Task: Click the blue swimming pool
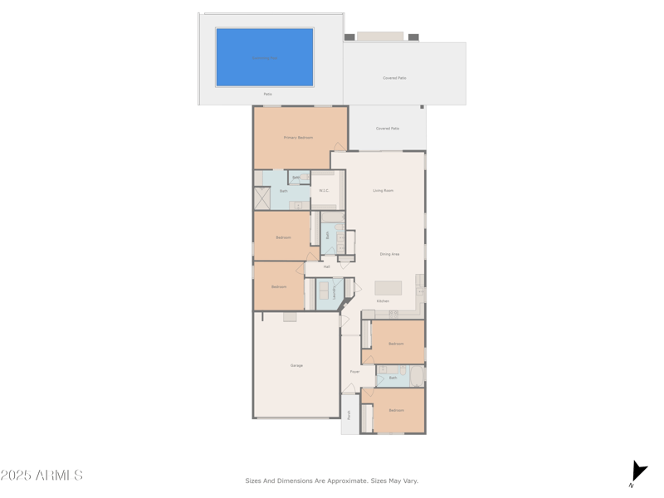(265, 57)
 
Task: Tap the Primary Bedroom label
(298, 138)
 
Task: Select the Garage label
(296, 365)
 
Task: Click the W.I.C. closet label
(325, 191)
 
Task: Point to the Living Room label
(383, 191)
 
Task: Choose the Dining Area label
(389, 254)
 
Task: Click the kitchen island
(388, 288)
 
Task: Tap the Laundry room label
(334, 291)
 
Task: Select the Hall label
(327, 266)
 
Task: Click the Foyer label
(354, 372)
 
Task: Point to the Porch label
(349, 414)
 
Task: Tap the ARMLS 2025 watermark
(41, 476)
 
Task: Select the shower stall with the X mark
(262, 198)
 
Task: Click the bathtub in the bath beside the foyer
(416, 376)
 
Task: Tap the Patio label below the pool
(267, 94)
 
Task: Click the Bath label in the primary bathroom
(284, 191)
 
